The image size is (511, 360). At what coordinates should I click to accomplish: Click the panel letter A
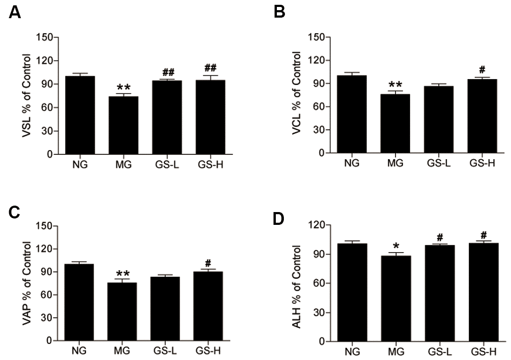14,12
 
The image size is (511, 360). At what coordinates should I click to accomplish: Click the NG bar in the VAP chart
79,302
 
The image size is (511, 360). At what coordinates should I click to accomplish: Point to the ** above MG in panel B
396,85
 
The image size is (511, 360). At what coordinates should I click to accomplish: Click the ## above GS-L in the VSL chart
168,73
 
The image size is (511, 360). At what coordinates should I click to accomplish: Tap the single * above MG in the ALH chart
396,246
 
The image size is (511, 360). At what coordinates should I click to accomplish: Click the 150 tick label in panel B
318,37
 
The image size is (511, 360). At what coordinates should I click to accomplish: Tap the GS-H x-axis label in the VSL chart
211,165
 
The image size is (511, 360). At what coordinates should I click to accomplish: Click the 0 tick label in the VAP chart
52,341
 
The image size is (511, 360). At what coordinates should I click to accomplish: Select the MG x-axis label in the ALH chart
396,351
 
